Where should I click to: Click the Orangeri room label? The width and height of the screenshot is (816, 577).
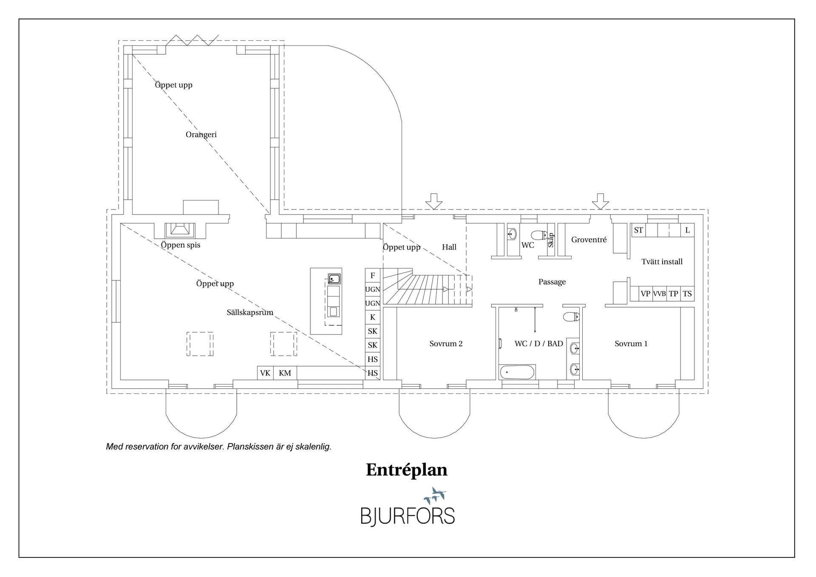pyautogui.click(x=201, y=135)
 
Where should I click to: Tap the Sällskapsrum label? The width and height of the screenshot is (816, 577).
pyautogui.click(x=250, y=312)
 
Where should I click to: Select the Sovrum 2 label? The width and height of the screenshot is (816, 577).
pyautogui.click(x=446, y=344)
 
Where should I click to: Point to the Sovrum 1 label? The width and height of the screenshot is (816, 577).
pyautogui.click(x=631, y=344)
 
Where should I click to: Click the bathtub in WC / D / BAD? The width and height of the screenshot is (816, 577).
pyautogui.click(x=517, y=373)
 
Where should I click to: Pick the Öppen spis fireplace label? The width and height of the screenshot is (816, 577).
pyautogui.click(x=181, y=245)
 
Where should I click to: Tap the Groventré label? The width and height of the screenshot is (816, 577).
pyautogui.click(x=589, y=240)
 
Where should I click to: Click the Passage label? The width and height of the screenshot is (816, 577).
pyautogui.click(x=552, y=282)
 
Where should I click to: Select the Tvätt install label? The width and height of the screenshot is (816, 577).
pyautogui.click(x=662, y=262)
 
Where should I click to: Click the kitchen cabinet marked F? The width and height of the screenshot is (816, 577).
pyautogui.click(x=373, y=275)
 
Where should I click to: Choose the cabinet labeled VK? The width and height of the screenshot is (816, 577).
pyautogui.click(x=265, y=373)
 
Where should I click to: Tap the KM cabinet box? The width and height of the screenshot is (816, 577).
pyautogui.click(x=285, y=373)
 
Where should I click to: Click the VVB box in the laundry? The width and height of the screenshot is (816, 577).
pyautogui.click(x=659, y=294)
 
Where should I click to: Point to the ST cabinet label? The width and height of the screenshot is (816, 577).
pyautogui.click(x=638, y=230)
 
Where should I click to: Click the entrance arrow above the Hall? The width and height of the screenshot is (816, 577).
pyautogui.click(x=434, y=201)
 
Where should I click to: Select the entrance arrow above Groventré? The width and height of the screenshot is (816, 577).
pyautogui.click(x=601, y=201)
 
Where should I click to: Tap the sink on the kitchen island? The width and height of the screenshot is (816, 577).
pyautogui.click(x=334, y=279)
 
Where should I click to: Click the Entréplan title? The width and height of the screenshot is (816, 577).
pyautogui.click(x=407, y=470)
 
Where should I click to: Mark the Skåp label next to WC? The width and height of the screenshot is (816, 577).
pyautogui.click(x=551, y=240)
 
